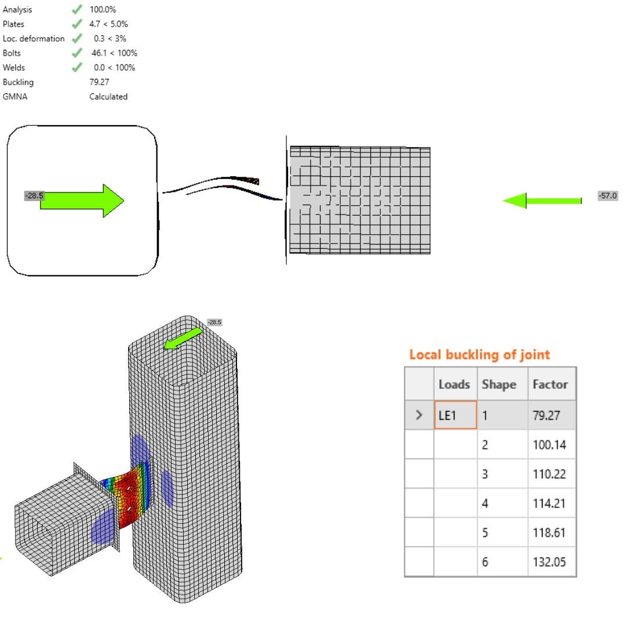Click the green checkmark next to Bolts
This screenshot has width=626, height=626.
tap(77, 53)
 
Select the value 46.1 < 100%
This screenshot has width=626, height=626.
tap(114, 53)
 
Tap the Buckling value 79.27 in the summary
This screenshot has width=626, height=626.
tap(99, 82)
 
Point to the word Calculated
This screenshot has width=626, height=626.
tap(108, 97)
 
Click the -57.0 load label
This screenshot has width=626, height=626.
tap(607, 196)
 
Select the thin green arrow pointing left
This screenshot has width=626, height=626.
tap(541, 201)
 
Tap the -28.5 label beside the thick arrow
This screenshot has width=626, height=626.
tap(34, 196)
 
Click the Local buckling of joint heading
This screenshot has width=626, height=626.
tap(479, 354)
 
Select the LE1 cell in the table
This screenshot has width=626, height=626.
tap(455, 415)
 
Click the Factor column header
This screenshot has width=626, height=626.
tap(549, 384)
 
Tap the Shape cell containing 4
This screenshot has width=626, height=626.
tap(486, 503)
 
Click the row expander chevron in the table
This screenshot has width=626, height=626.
tap(419, 415)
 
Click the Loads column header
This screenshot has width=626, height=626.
tap(454, 384)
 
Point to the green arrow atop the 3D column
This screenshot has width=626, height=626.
tap(183, 339)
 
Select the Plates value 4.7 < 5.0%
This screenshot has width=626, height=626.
tap(109, 24)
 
